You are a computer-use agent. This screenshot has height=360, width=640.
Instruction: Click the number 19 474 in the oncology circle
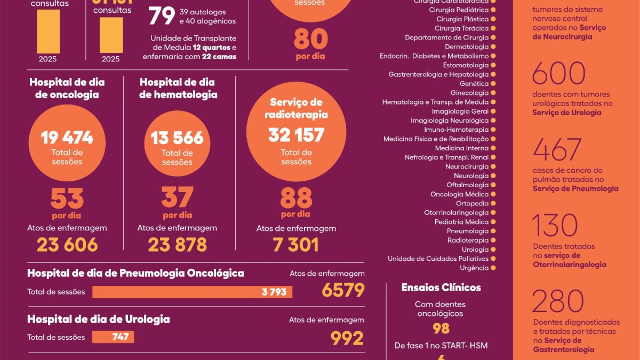[67, 138]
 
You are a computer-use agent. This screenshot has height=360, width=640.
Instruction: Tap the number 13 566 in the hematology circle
[177, 138]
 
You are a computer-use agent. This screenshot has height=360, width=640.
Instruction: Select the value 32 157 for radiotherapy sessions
[296, 135]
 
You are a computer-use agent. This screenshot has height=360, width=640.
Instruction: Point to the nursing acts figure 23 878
[177, 244]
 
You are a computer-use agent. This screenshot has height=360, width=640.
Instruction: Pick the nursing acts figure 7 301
[295, 244]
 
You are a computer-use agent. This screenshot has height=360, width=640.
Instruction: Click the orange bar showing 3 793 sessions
[192, 292]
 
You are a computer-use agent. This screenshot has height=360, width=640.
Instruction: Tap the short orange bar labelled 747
[113, 337]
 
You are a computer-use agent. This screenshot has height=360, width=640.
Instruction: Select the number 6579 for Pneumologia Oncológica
[343, 290]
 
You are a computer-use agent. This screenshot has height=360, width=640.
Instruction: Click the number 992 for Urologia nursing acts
[347, 338]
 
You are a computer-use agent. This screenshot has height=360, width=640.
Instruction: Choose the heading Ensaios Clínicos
[441, 287]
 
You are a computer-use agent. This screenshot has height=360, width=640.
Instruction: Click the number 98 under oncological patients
[441, 328]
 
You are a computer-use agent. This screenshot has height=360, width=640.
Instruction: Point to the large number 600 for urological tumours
[558, 74]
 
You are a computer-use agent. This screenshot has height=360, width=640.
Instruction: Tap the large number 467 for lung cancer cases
[557, 150]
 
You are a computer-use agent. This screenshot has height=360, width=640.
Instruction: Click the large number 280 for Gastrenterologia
[558, 302]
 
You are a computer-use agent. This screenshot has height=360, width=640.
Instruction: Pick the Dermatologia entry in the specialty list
[467, 47]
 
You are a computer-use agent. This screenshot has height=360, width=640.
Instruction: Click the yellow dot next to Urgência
[493, 268]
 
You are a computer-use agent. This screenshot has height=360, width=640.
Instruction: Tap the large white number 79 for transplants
[162, 16]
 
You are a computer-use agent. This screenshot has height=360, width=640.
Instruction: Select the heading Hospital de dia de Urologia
[98, 319]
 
